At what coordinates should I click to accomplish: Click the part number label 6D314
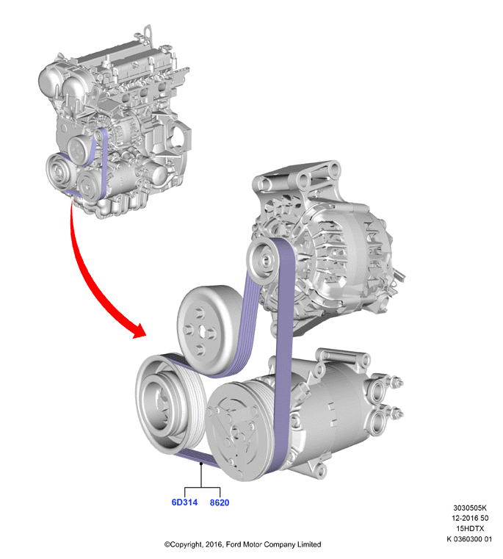tap(184, 502)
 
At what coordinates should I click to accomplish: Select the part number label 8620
tap(220, 502)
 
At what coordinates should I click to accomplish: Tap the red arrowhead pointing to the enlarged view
tap(138, 331)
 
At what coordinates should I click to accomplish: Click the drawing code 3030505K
tap(470, 508)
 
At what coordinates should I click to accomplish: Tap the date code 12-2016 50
tap(470, 518)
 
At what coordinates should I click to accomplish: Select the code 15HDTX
tap(470, 528)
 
